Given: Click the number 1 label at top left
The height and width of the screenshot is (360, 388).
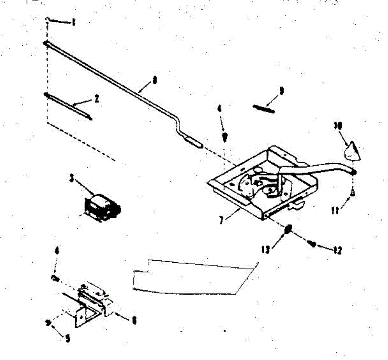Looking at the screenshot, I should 74,23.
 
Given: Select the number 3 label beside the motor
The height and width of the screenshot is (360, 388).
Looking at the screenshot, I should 72,178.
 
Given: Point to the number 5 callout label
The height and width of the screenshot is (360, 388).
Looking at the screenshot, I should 67,338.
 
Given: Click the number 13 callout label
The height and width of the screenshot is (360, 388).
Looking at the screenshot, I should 266,250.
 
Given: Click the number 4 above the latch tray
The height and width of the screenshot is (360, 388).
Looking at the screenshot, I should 220,109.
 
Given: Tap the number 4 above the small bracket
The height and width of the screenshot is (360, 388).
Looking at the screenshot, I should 57,251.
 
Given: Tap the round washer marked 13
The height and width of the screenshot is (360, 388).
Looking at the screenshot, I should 289,229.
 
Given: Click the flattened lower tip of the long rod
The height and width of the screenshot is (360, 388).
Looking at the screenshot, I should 193,142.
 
